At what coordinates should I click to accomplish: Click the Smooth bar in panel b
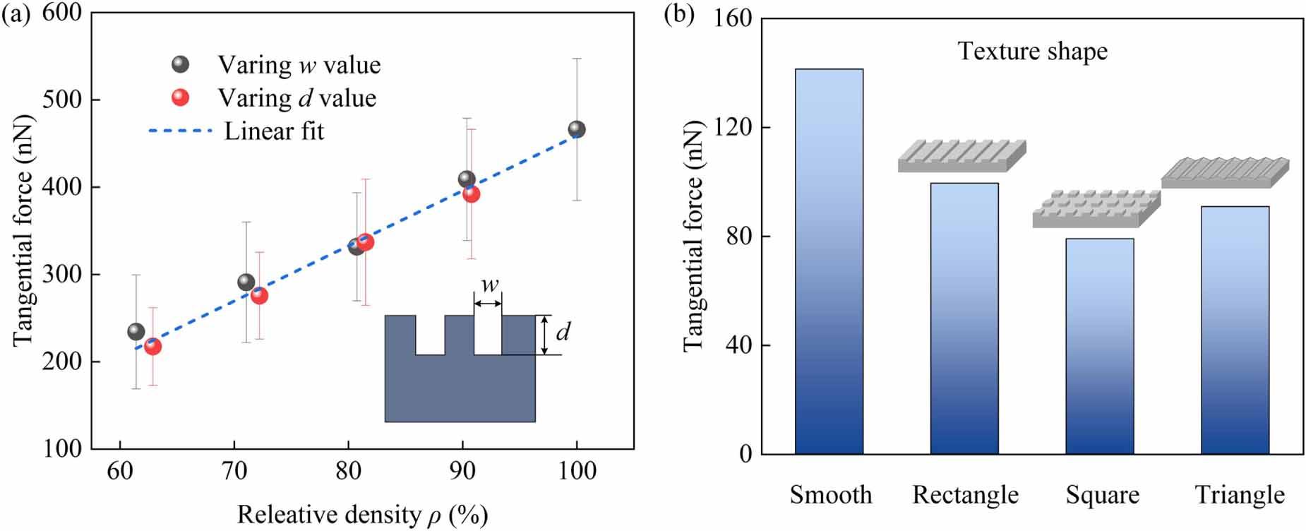[x=829, y=261]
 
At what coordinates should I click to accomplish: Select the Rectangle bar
[x=964, y=318]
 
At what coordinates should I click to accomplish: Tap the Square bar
[x=1099, y=346]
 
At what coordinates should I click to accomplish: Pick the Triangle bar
[x=1235, y=330]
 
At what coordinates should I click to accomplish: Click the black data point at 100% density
[x=577, y=129]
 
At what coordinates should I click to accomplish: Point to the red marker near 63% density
[x=152, y=346]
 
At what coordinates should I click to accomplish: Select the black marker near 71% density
[x=246, y=282]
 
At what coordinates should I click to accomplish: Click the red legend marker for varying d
[x=181, y=97]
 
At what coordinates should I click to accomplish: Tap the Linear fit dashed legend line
[x=181, y=131]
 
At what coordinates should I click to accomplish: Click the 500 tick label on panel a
[x=62, y=100]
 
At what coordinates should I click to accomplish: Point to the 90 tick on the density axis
[x=462, y=470]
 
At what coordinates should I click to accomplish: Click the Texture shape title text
[x=1032, y=52]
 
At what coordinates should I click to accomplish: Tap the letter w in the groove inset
[x=489, y=285]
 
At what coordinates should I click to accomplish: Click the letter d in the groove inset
[x=563, y=332]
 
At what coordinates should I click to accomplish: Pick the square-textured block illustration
[x=1096, y=209]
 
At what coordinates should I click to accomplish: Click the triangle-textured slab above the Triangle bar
[x=1225, y=172]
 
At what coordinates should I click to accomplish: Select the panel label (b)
[x=679, y=14]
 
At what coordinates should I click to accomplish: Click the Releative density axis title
[x=362, y=515]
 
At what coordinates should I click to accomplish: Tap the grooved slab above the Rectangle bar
[x=961, y=156]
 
